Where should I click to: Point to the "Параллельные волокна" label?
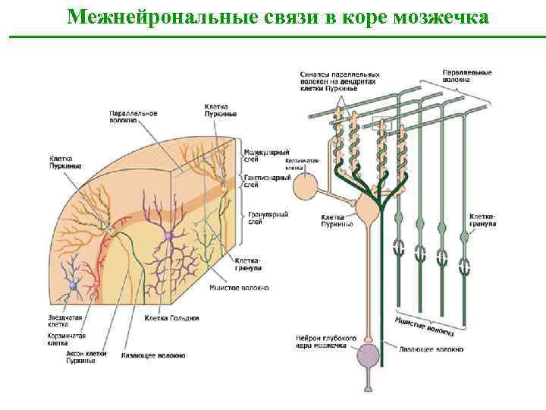(x=467, y=76)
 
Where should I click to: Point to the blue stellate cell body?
(x=74, y=285)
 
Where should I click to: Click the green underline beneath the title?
(x=273, y=36)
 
